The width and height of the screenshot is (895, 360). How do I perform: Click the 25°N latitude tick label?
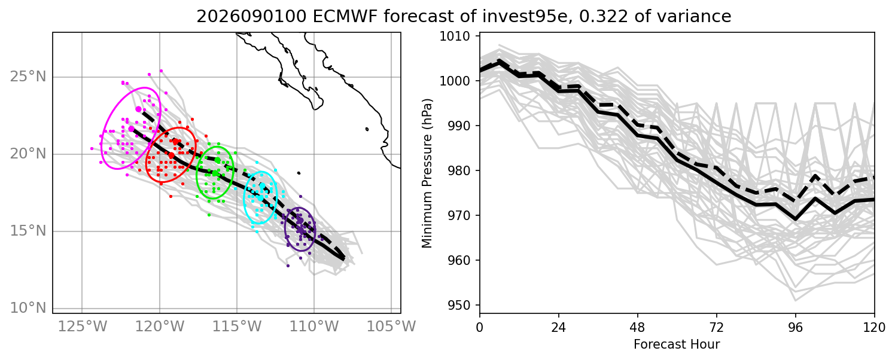click(x=28, y=77)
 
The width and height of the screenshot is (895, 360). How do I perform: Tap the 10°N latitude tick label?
click(x=28, y=307)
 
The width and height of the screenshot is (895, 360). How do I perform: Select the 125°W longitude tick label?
click(x=83, y=327)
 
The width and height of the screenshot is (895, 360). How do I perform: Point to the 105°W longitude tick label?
click(x=391, y=327)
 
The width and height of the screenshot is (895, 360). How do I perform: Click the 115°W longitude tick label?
click(x=237, y=327)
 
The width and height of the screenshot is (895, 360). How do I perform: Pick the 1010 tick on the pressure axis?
click(x=455, y=36)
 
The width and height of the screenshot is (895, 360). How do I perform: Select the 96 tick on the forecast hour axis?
click(x=796, y=328)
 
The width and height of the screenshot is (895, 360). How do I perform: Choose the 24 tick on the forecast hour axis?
click(x=559, y=328)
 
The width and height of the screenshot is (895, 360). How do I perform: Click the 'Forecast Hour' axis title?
click(x=677, y=344)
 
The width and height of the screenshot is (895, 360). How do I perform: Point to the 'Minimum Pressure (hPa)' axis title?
click(x=427, y=173)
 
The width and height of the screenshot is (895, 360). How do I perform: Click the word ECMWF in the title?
click(x=346, y=16)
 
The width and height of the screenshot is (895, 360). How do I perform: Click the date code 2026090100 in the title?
click(x=252, y=16)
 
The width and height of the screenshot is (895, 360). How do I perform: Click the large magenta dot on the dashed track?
click(x=139, y=109)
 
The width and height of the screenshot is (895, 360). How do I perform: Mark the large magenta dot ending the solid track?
click(x=132, y=129)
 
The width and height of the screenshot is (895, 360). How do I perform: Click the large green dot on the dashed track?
click(x=217, y=160)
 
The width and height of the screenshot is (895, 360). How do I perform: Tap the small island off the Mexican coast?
click(x=367, y=129)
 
